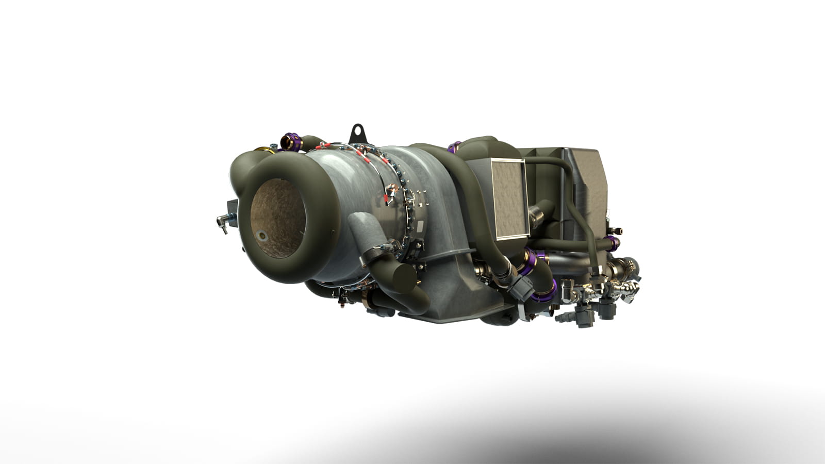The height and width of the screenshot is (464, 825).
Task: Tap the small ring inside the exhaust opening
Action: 263,236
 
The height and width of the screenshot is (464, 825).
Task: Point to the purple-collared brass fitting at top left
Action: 290,141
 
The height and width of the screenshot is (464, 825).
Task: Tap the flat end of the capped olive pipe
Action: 403,279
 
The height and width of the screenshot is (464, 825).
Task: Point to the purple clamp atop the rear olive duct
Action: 454,147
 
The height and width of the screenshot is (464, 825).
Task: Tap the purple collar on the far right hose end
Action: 614,241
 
